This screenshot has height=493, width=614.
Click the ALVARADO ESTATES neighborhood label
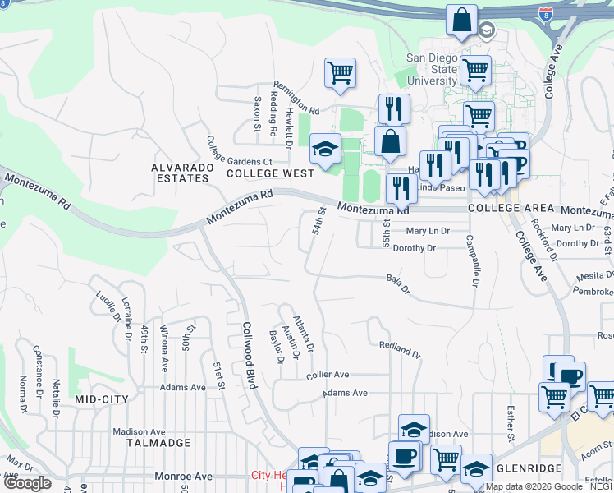pyautogui.click(x=181, y=173)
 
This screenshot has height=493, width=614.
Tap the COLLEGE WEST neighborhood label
pyautogui.click(x=270, y=173)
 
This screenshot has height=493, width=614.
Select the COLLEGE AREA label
pyautogui.click(x=506, y=209)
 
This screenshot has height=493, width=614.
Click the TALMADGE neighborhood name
pyautogui.click(x=158, y=443)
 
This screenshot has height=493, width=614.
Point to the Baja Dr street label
pyautogui.click(x=397, y=283)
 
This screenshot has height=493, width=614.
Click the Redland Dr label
pyautogui.click(x=400, y=348)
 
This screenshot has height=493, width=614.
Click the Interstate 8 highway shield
pyautogui.click(x=546, y=14)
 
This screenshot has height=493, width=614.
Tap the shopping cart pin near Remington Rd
pyautogui.click(x=340, y=73)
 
